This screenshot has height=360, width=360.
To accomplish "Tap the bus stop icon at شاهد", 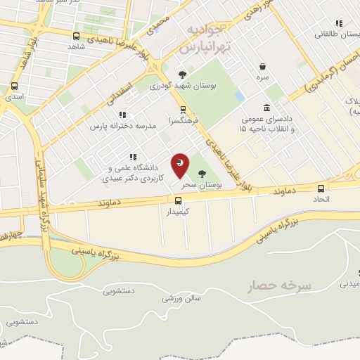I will (76, 36).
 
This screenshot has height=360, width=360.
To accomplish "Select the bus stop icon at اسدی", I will (14, 86).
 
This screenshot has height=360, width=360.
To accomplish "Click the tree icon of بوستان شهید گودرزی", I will (183, 74).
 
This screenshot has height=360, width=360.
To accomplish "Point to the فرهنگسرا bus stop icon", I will (183, 110).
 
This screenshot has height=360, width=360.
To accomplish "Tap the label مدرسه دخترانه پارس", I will (119, 126).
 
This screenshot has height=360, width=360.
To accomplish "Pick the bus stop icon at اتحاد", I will (321, 188).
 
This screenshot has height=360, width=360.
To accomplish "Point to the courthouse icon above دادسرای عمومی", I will (267, 108).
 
